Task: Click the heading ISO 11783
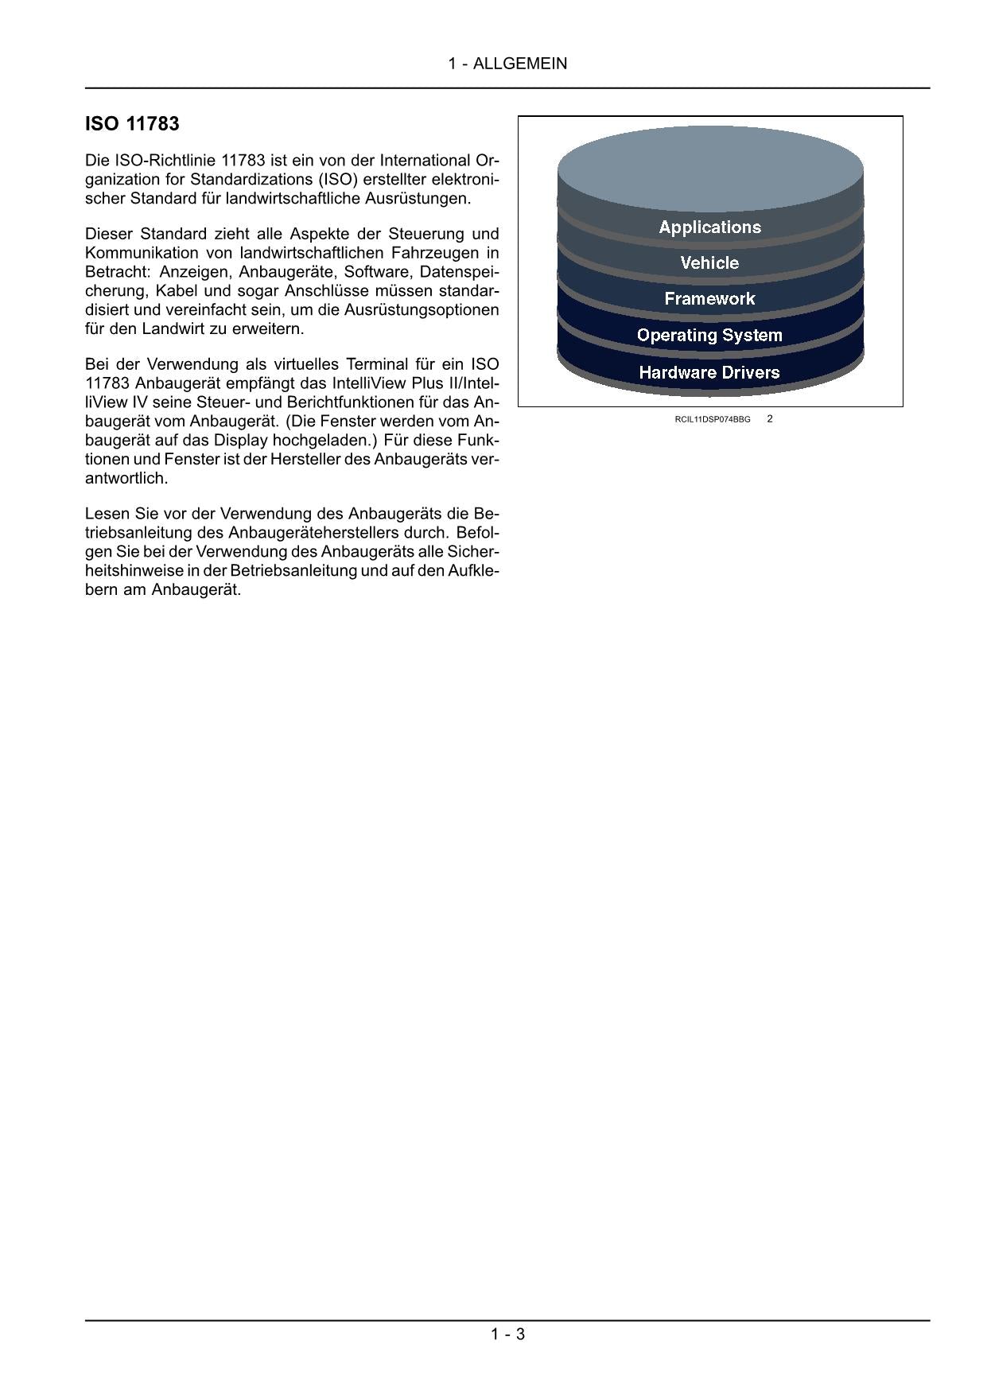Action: [x=132, y=124]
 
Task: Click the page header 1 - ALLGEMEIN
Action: [x=507, y=64]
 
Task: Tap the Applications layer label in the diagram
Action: [x=709, y=227]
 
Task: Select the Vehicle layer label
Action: [x=709, y=263]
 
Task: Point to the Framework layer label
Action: [x=709, y=299]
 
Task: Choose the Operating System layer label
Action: [x=709, y=336]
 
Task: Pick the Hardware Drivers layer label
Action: [x=709, y=372]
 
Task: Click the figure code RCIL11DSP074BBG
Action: [x=712, y=419]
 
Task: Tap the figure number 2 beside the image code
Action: [x=770, y=418]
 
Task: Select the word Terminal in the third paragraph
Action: [x=378, y=364]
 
